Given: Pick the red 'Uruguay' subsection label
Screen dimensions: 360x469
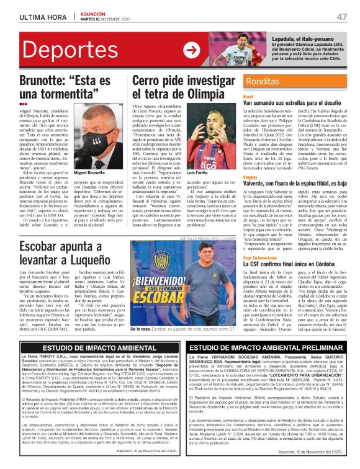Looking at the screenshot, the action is coord(250,177).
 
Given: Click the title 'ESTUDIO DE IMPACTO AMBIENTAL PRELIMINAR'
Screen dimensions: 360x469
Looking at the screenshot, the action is coord(268,348).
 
